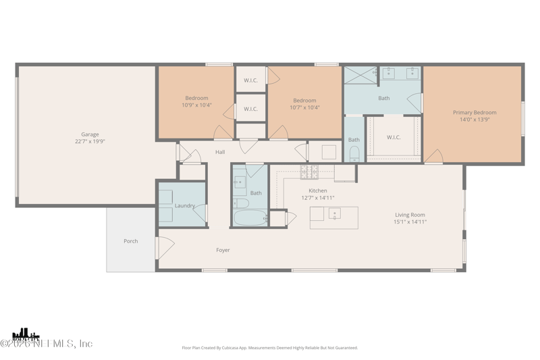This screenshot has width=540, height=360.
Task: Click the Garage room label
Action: tap(90, 134)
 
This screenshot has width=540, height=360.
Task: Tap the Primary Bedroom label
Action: tap(474, 113)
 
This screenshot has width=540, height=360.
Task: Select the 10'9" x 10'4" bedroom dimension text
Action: tap(196, 105)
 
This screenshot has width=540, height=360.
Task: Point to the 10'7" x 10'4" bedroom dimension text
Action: tap(304, 107)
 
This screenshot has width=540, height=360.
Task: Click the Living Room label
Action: tap(410, 215)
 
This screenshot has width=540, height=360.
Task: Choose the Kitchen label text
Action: tap(317, 190)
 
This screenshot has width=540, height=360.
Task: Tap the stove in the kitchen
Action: tap(308, 172)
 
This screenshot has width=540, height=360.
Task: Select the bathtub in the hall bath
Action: tap(250, 218)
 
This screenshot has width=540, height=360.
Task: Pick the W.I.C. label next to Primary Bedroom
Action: tap(394, 137)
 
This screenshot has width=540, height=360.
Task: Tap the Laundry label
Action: tap(184, 205)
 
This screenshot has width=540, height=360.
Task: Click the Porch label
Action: tap(130, 241)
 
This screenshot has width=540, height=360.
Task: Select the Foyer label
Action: tap(223, 250)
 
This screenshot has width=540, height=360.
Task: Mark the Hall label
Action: tap(220, 153)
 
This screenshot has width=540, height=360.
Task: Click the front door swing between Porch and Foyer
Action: tap(165, 247)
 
